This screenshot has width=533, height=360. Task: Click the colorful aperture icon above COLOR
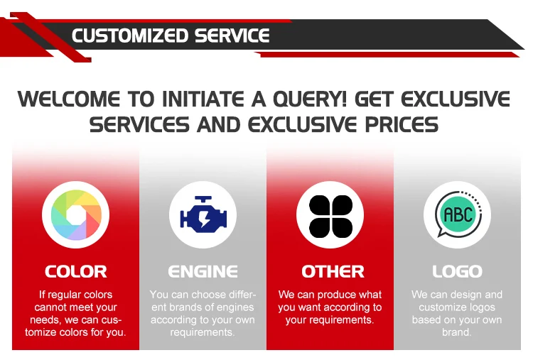[76, 215]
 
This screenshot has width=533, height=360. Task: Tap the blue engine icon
[203, 214]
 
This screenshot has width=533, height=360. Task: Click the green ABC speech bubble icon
[458, 214]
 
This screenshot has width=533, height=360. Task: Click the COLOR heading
[76, 272]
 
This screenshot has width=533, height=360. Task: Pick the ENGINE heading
[203, 272]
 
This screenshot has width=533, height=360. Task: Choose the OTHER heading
[333, 272]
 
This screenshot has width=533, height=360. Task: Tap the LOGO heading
[457, 272]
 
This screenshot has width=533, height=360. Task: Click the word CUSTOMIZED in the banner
[130, 36]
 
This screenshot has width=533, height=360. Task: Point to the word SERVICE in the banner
[232, 36]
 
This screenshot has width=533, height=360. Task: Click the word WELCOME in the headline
[69, 99]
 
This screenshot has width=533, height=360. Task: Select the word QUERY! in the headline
[310, 99]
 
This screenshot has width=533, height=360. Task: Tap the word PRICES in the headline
[402, 124]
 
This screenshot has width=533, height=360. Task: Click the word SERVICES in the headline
[139, 124]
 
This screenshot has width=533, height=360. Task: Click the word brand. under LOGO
[456, 332]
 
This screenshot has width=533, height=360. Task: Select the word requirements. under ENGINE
[203, 332]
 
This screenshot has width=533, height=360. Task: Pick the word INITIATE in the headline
[203, 99]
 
